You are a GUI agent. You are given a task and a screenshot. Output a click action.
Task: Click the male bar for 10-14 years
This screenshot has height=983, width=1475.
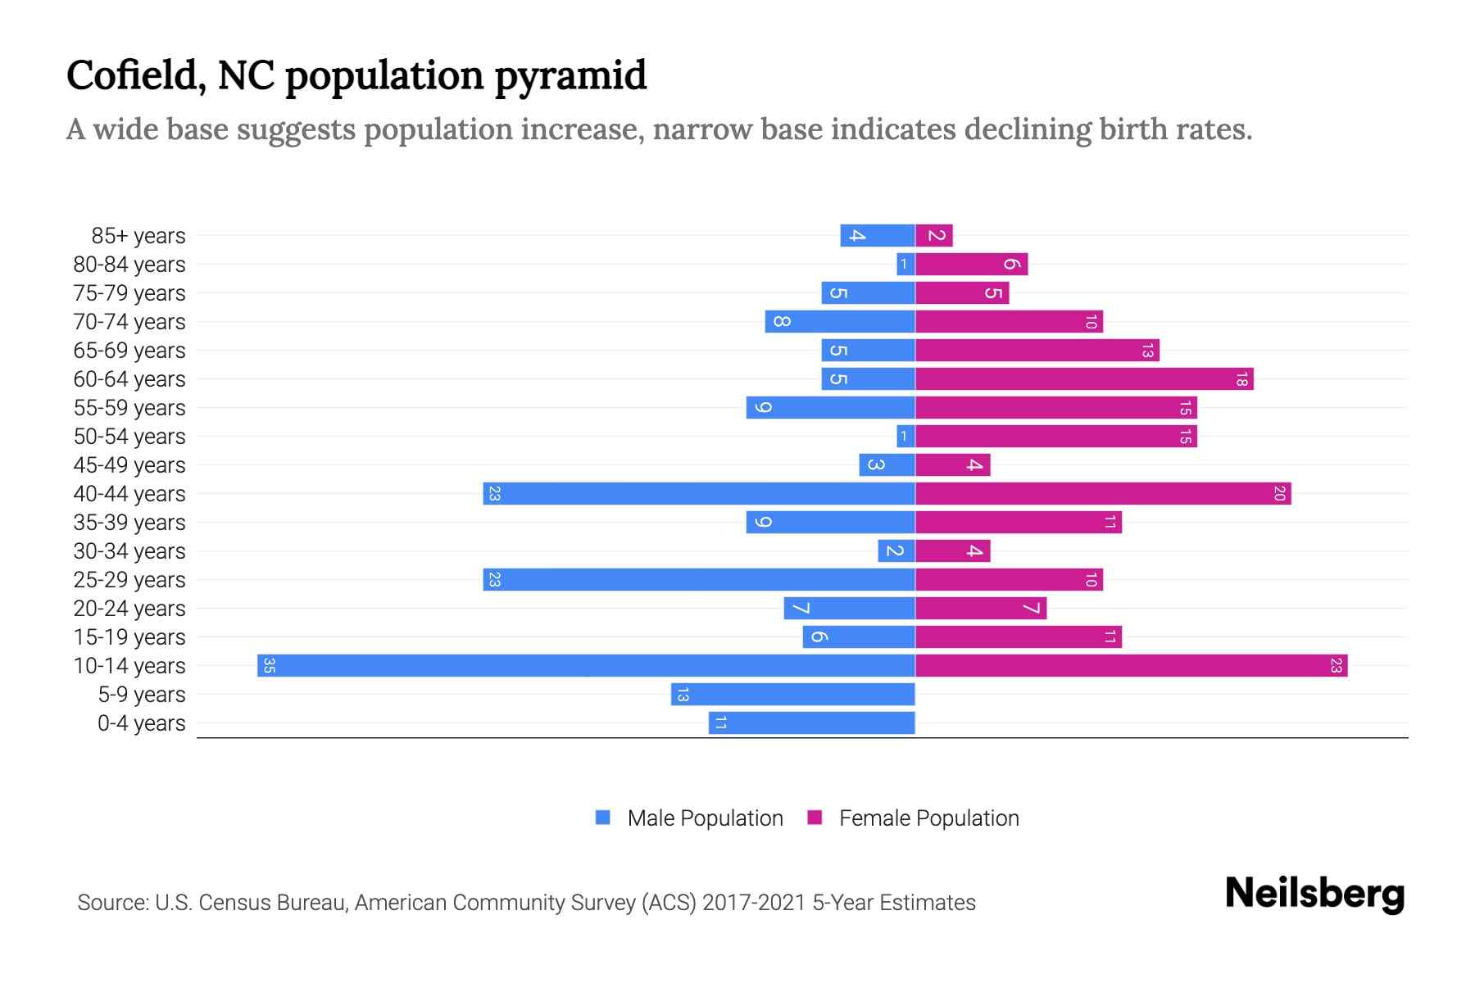point(586,665)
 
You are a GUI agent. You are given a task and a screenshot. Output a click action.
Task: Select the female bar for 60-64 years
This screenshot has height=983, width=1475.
point(1083,378)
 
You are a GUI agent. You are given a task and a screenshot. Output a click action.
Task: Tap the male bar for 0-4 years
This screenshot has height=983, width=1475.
point(811,723)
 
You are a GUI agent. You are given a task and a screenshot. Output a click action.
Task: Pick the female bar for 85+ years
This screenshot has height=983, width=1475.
point(934,235)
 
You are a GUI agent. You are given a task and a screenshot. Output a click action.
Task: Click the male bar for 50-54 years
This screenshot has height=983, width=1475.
point(905,436)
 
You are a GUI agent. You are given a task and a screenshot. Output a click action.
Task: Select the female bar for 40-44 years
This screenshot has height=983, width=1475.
point(1102,493)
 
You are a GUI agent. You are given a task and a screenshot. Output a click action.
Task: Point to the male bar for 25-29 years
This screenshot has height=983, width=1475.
point(698,579)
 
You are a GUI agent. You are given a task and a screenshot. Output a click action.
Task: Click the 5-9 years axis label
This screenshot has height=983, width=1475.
point(142,695)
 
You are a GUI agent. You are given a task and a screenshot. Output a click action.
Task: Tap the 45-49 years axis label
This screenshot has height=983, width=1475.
point(129,465)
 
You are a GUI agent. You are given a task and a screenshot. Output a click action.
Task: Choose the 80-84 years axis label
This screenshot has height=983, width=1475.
point(129,265)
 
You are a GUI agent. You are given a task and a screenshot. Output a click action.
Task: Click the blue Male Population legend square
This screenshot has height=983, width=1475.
point(603,818)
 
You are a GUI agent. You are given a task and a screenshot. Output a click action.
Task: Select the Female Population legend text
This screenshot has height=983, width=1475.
point(928,818)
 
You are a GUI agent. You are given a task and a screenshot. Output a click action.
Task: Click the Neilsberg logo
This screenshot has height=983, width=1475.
point(1314,894)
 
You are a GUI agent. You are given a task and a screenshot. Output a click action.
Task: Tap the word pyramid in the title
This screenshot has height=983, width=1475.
point(570,76)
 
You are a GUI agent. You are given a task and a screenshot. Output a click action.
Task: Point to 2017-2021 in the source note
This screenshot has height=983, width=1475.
point(754,903)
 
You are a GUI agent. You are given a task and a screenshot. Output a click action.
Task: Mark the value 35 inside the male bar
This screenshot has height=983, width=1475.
point(269,665)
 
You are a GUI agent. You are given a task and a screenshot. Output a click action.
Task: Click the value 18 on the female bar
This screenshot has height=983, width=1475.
point(1241,378)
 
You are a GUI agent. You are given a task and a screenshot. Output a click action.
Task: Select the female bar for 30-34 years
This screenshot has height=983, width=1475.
point(952,550)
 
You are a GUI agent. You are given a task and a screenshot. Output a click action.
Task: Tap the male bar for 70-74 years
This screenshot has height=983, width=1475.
point(840,321)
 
